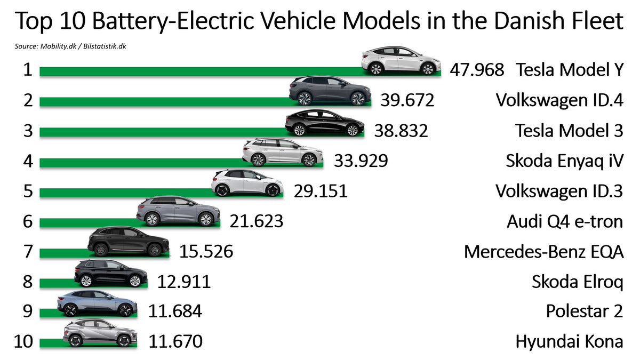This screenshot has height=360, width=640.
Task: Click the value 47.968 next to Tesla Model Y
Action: (477, 70)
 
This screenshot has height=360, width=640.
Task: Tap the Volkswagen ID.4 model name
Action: (559, 100)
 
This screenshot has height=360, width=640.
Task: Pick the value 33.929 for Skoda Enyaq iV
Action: (361, 161)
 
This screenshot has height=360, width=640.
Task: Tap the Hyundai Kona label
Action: (569, 341)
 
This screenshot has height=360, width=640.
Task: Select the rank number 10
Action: (24, 341)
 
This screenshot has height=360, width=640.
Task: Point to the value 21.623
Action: (257, 221)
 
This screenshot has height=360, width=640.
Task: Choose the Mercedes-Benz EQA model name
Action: (543, 251)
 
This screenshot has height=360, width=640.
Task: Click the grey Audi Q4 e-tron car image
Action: (178, 211)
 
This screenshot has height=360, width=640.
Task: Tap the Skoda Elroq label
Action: (577, 281)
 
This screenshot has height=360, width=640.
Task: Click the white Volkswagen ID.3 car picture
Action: (246, 183)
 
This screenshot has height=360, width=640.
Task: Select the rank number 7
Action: (27, 251)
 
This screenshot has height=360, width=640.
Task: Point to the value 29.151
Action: (321, 190)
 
